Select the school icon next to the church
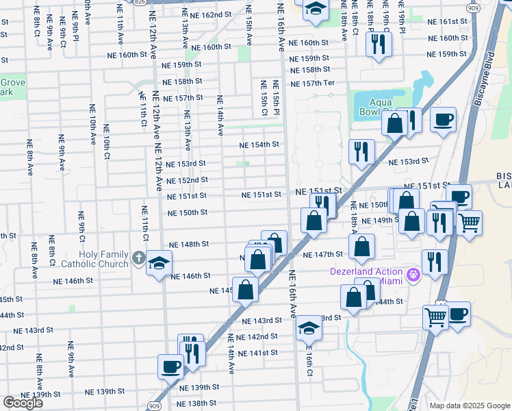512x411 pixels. click(x=159, y=263)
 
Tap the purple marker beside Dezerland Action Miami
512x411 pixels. click(x=413, y=276)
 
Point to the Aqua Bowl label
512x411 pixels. click(x=374, y=105)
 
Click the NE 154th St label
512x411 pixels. click(x=259, y=145)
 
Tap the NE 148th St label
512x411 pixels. click(x=188, y=244)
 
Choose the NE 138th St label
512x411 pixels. click(x=198, y=403)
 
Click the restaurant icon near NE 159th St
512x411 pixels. click(x=376, y=45)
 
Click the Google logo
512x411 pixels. click(x=23, y=403)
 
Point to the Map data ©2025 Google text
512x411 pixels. click(x=469, y=406)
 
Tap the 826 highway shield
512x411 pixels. click(x=140, y=2)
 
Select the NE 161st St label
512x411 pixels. click(x=446, y=22)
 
